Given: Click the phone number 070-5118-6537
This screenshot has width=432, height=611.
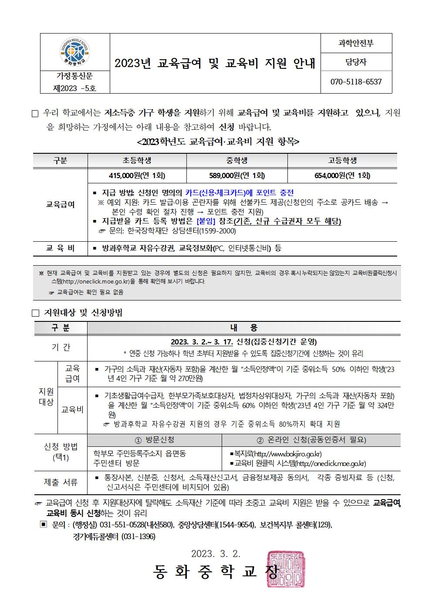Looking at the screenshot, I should [356, 82].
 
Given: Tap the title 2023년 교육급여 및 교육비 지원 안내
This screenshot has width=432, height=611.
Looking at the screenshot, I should [215, 64].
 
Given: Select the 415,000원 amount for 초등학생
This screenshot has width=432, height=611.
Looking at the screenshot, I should [137, 176].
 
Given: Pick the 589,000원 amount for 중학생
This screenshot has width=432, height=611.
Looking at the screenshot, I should [237, 176].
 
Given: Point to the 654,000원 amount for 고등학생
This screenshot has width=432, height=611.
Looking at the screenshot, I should [342, 176].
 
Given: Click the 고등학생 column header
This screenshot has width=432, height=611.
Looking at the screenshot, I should [342, 161].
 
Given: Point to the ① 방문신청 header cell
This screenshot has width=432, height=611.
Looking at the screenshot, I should [155, 440].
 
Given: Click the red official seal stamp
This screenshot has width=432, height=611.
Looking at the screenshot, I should [286, 569].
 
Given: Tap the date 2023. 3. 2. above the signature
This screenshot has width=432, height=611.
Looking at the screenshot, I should [216, 554].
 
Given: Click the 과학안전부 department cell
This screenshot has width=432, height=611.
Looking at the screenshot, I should [356, 43].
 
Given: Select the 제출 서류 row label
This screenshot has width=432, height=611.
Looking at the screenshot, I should [61, 482].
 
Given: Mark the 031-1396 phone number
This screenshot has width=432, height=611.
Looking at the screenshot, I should [138, 537].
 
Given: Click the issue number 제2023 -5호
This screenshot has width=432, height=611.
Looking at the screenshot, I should [74, 88].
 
